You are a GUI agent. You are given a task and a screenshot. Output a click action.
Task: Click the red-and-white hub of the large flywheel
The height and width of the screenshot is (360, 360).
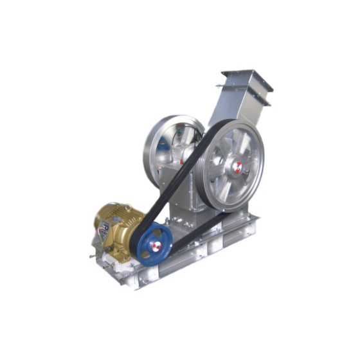(237, 168)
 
